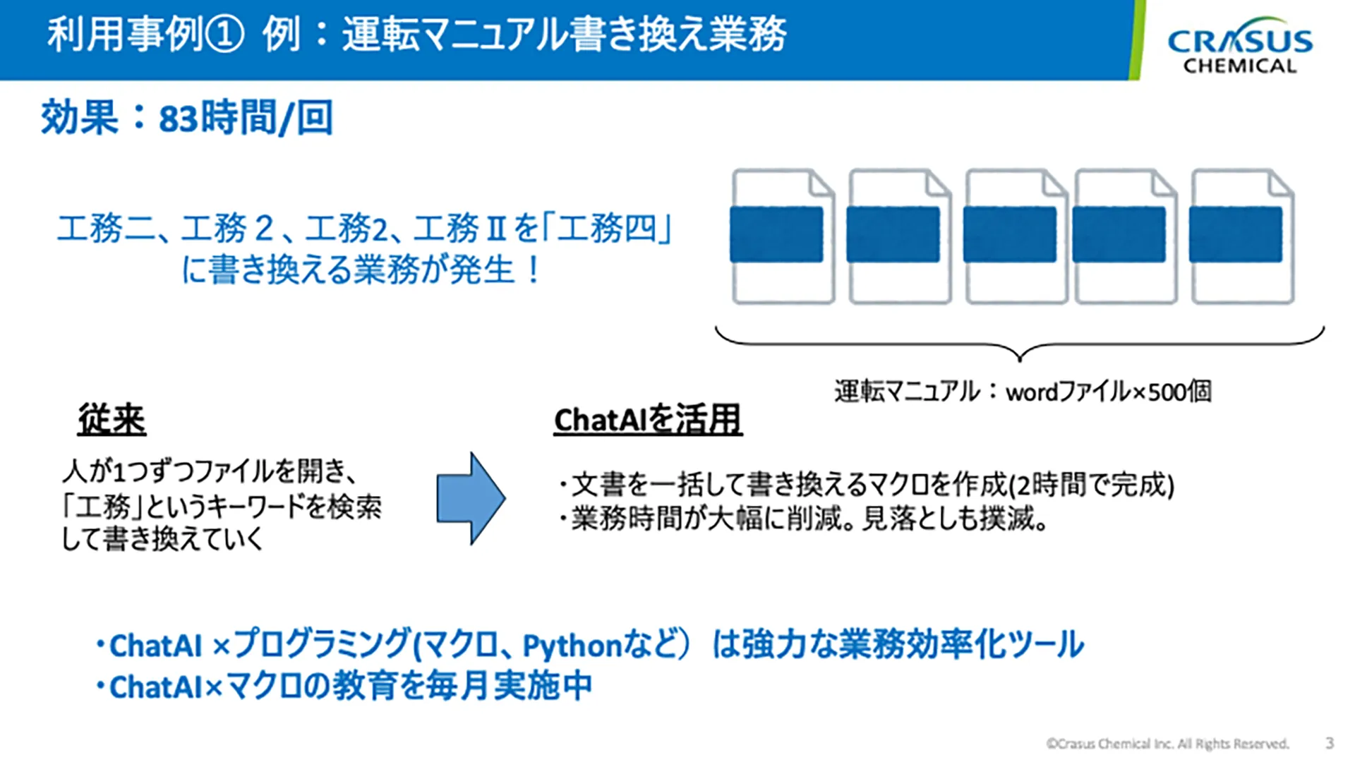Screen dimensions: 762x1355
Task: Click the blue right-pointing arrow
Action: (471, 498)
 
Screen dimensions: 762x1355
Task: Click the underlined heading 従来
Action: (112, 421)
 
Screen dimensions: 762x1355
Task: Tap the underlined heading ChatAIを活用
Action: (648, 421)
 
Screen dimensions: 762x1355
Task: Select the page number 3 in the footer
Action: (1330, 743)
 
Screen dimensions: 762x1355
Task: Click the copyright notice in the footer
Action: (1167, 744)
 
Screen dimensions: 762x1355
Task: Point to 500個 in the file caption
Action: (1180, 392)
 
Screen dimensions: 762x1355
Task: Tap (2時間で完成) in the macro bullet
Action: (1091, 485)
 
